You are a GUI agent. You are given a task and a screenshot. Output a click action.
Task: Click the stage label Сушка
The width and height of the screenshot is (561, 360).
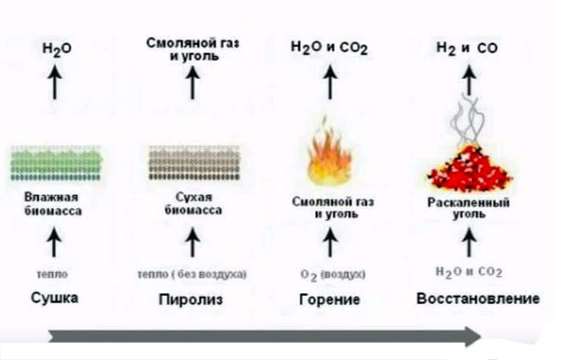(x=54, y=299)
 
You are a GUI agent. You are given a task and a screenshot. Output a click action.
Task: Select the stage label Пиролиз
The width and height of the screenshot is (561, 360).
(x=192, y=300)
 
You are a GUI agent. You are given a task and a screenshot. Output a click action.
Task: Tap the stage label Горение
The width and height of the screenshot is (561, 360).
(x=329, y=300)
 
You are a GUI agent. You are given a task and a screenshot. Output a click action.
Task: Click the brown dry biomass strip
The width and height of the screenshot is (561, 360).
(x=192, y=162)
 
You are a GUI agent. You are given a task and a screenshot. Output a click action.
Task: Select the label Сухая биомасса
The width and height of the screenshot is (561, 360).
(x=192, y=204)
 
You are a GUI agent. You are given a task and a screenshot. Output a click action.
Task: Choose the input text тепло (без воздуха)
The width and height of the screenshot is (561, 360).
(x=192, y=273)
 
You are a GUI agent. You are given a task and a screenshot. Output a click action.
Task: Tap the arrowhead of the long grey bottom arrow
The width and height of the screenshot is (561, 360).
(x=471, y=337)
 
